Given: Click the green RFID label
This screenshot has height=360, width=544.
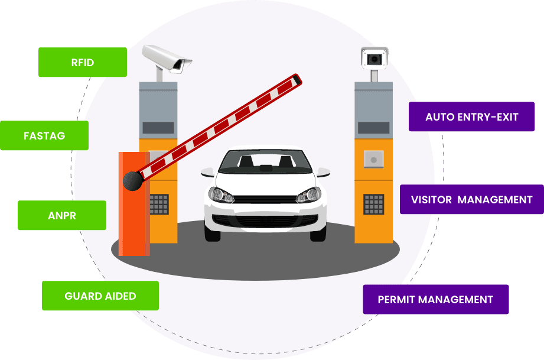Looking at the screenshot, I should coord(83,62).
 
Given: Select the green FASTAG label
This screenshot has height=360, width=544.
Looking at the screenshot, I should coord(44,135).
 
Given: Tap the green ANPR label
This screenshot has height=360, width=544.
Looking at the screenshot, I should coord(62,215).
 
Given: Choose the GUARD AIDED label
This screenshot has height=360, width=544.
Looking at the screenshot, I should coord(100,296).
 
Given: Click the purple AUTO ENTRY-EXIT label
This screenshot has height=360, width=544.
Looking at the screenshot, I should coord(471,116).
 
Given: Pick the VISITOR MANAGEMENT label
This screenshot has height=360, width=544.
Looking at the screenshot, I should coord(471,199).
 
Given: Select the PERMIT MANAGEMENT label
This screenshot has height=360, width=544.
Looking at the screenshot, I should coord(435,299).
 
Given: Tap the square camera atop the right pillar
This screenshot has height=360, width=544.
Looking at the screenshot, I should coord(374,59).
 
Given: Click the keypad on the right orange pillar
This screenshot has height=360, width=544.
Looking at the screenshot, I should coord(373,204).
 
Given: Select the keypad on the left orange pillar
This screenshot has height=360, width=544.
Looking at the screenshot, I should coord(159,204).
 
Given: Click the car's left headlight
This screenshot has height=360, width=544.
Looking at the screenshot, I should coord(221,194).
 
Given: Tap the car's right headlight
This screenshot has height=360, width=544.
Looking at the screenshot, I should coord(308,194).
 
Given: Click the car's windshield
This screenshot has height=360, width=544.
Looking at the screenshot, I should coord(265,161).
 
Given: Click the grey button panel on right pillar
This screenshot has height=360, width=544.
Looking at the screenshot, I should coord(373,160).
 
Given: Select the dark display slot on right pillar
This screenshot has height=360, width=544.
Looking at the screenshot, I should coord(373,128).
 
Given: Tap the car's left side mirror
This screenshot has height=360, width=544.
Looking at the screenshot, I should coord(207,172).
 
